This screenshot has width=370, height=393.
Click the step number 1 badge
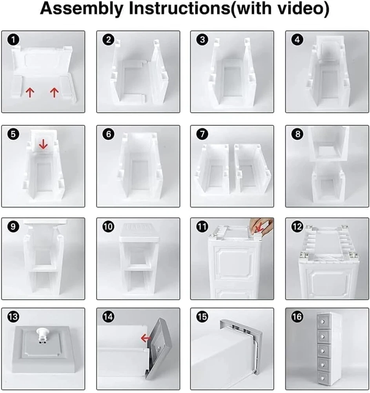coord(13,40)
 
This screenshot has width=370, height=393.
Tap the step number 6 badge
coord(109,134)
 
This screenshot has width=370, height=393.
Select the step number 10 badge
coord(108,227)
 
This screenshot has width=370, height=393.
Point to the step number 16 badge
coord(297,317)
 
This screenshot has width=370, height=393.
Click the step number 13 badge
coord(13,317)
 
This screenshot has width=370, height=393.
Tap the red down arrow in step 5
coord(44,145)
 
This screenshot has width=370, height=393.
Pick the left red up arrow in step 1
coord(30,92)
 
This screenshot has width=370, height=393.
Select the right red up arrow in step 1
coord(54,92)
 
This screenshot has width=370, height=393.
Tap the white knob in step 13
coord(43,334)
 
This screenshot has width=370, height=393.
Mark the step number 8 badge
coord(297,134)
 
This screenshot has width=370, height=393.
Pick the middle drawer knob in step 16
coord(322,349)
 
